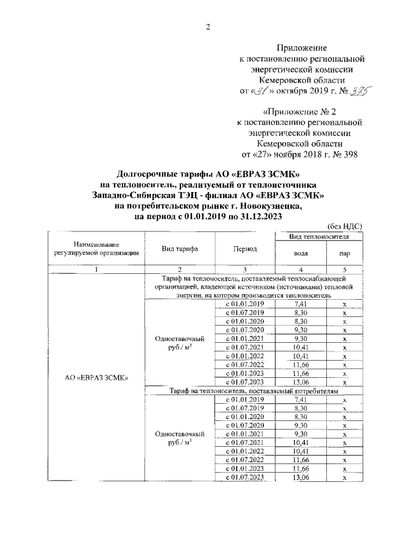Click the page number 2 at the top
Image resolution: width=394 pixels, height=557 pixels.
tap(207, 26)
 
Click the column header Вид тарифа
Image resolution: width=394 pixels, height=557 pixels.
tap(179, 249)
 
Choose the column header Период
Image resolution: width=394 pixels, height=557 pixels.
tap(245, 249)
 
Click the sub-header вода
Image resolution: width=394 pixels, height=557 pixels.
tap(301, 255)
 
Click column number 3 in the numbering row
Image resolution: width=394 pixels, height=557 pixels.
tap(245, 270)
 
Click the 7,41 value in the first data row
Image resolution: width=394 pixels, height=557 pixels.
tap(301, 304)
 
